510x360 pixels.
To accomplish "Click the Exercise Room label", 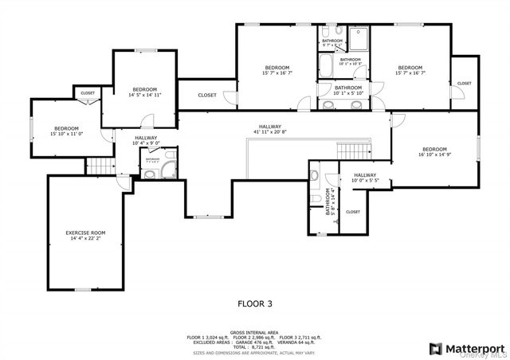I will pos(85,235).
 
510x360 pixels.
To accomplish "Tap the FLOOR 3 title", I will pos(255,303).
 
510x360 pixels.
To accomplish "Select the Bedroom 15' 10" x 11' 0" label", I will pos(66,131).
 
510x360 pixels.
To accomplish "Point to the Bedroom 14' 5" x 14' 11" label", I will pos(144,92).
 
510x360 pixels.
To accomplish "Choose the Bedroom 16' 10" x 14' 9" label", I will pos(434,153).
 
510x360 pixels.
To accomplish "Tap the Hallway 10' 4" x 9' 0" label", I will pos(146,140).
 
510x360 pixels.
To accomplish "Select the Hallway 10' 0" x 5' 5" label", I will pos(365,178).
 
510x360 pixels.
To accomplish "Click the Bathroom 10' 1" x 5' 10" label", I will pos(349,90).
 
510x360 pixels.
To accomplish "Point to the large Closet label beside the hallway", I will pos(207,96).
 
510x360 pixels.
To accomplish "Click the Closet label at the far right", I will pos(464,84).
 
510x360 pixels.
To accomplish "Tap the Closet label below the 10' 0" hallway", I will pos(353,212).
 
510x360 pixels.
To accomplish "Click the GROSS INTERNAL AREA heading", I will pos(255,332).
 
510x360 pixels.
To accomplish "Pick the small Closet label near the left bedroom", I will pos(88,93).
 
